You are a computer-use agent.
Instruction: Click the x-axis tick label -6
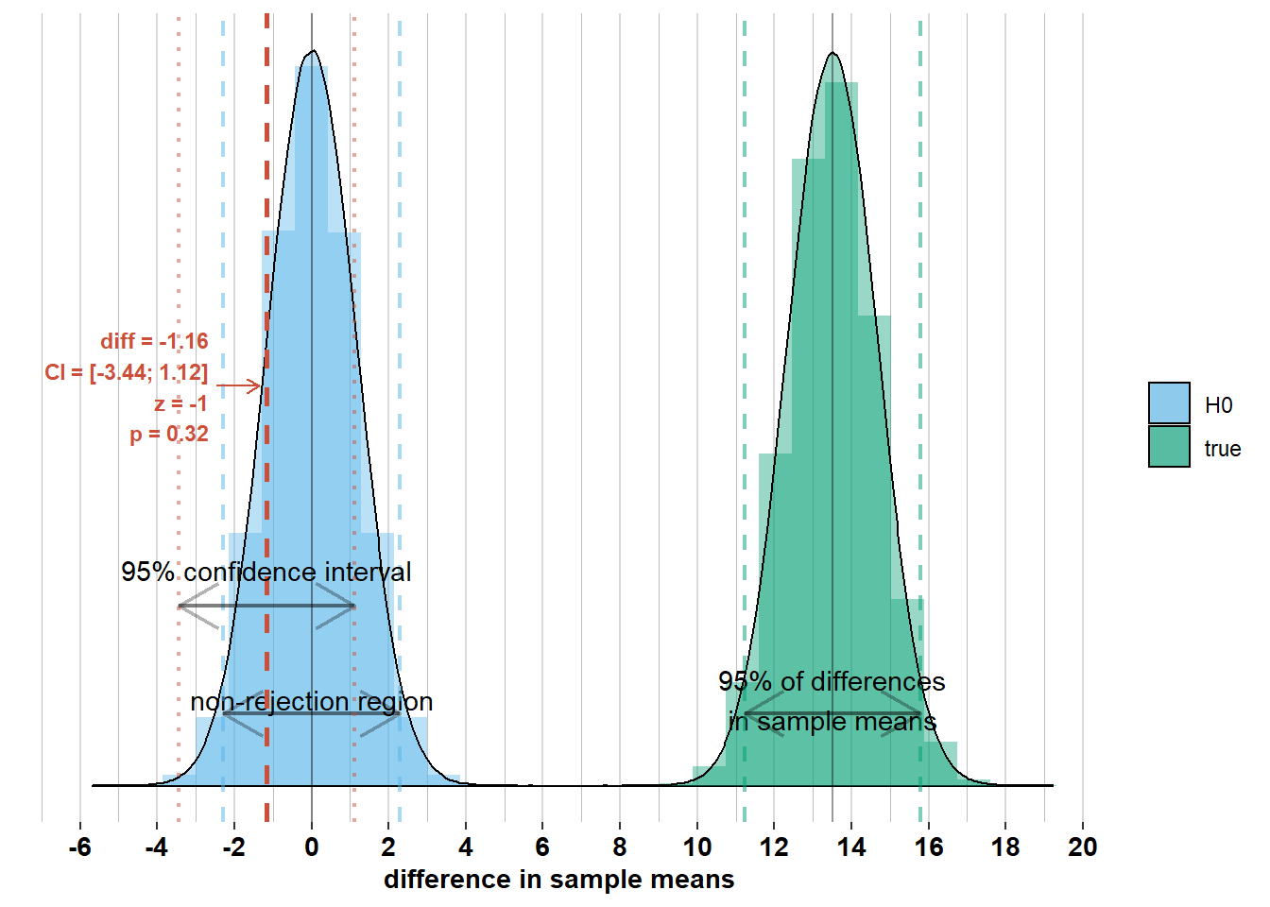point(80,847)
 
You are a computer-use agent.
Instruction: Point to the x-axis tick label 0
point(312,847)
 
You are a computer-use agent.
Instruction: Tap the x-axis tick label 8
point(620,847)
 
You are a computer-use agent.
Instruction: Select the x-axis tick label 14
point(851,847)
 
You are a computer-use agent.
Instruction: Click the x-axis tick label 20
point(1083,847)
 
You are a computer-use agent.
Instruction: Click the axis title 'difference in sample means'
point(558,880)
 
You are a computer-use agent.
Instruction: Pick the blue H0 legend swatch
point(1169,403)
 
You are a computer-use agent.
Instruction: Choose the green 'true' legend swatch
point(1169,447)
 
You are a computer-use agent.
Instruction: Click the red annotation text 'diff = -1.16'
point(154,341)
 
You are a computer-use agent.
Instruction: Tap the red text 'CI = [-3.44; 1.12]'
point(126,372)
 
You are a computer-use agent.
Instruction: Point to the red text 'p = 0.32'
point(168,435)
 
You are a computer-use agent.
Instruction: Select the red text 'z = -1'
point(180,403)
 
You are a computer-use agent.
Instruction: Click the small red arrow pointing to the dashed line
point(238,385)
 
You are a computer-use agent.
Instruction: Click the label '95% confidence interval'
point(266,572)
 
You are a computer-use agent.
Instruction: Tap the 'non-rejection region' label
point(311,702)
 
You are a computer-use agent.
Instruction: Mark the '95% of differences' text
point(832,681)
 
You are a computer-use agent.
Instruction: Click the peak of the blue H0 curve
point(312,51)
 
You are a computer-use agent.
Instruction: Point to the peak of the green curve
point(832,52)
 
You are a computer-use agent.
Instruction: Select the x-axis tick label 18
point(1005,847)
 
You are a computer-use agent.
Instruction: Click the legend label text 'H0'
point(1218,405)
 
